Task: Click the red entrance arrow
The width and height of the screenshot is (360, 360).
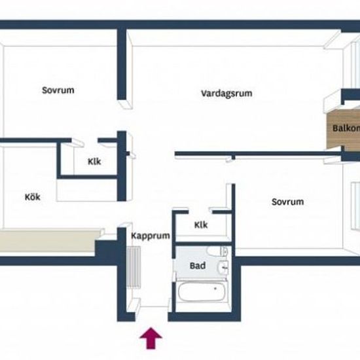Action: click(151, 338)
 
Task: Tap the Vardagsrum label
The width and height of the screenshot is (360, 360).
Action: click(226, 94)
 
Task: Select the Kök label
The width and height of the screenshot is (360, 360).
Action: click(33, 197)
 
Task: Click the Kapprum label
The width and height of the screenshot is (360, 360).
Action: click(151, 236)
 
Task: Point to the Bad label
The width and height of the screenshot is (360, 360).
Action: click(198, 266)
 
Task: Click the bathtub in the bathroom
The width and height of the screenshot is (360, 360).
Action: click(201, 291)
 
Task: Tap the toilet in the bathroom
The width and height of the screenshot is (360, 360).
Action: click(217, 251)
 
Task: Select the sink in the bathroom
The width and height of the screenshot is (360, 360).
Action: click(223, 268)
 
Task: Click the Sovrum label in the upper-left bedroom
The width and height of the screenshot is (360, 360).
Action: click(58, 90)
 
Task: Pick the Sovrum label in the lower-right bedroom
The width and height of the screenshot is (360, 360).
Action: click(288, 202)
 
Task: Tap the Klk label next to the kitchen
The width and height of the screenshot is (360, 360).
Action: click(94, 162)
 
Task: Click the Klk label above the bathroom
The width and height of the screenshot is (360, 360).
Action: click(201, 225)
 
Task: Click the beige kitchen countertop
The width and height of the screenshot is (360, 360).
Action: click(49, 241)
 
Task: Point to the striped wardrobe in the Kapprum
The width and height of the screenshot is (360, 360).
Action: click(134, 267)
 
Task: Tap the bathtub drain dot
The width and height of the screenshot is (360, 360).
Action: click(215, 289)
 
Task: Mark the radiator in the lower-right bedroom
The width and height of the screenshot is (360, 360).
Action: click(355, 206)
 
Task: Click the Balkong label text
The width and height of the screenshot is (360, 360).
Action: click(346, 128)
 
